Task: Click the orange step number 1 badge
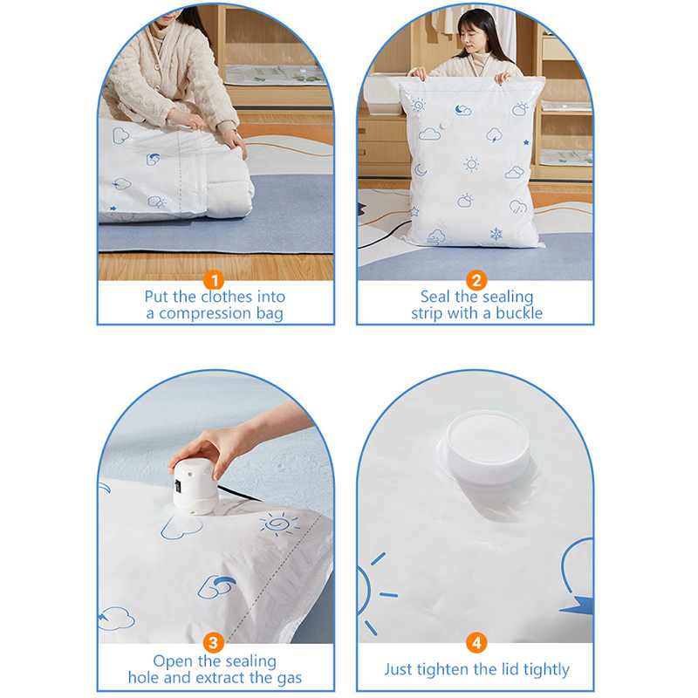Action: (x=214, y=280)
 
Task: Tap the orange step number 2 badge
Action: (x=476, y=280)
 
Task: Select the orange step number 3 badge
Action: (x=214, y=643)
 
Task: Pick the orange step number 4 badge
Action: (x=476, y=643)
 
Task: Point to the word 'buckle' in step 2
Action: (x=519, y=313)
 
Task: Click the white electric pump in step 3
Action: (x=195, y=486)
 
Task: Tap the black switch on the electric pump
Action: (x=178, y=486)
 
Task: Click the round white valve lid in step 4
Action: (x=488, y=448)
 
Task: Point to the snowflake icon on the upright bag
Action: (x=496, y=233)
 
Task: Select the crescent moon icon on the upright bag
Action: (x=421, y=170)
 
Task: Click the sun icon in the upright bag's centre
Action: (x=471, y=164)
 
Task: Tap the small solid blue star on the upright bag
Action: (x=526, y=142)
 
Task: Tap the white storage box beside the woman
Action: (x=384, y=94)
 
